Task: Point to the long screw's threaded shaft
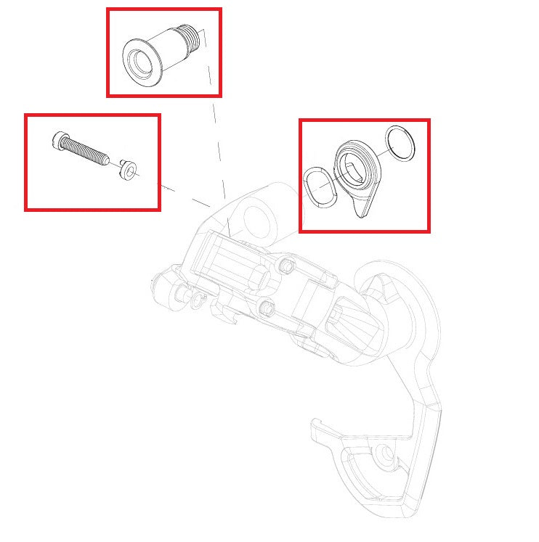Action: (87, 151)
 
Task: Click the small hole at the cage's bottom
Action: (386, 456)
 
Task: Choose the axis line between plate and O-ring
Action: (383, 154)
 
